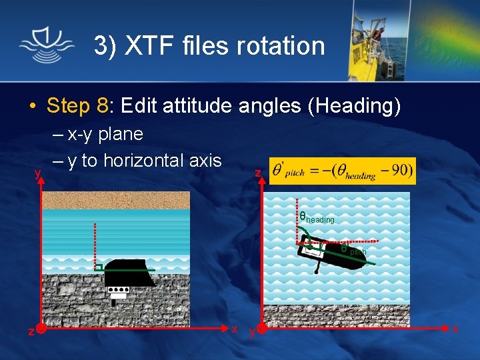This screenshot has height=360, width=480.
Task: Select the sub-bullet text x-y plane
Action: pos(105,134)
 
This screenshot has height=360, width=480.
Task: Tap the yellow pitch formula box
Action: pos(343,171)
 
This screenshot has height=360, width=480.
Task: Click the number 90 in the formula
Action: pos(399,171)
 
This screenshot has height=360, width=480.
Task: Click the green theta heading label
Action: pos(316,217)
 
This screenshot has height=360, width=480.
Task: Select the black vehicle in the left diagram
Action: pos(127,273)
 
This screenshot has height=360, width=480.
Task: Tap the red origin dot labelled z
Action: pos(41,329)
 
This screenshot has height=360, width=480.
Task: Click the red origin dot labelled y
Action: pos(262,329)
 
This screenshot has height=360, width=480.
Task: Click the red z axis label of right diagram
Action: pos(257,173)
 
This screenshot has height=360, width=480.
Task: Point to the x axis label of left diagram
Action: pos(235,329)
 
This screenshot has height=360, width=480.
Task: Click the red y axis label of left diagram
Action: pos(38,173)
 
